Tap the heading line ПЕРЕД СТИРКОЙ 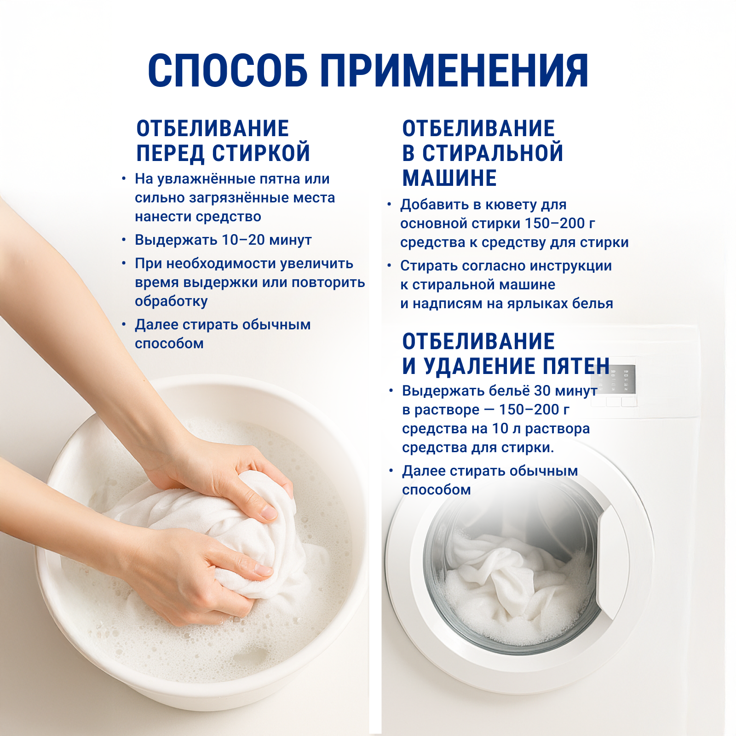223,153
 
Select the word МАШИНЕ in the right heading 449,178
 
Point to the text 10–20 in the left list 244,240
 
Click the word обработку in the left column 171,301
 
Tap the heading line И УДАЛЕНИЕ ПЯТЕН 506,366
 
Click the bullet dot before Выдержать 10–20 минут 124,240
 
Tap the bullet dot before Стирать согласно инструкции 389,265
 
